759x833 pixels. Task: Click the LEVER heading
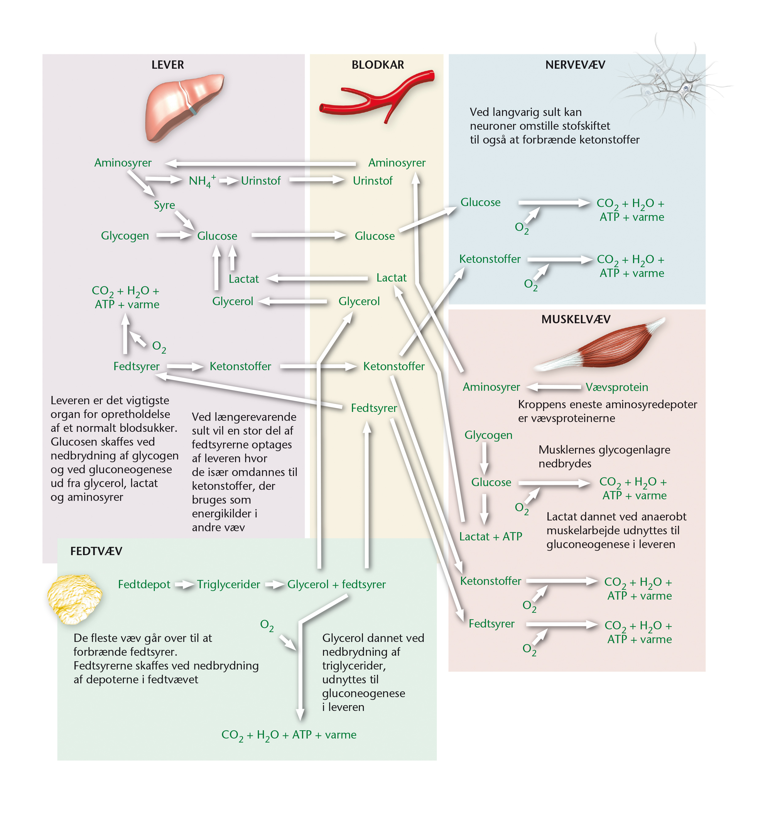pyautogui.click(x=167, y=65)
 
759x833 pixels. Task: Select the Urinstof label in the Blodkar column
pyautogui.click(x=372, y=181)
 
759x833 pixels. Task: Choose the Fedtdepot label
pyautogui.click(x=144, y=585)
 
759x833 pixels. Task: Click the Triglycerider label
pyautogui.click(x=228, y=585)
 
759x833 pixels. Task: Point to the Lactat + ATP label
pyautogui.click(x=490, y=537)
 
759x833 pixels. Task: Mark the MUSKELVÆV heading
pyautogui.click(x=576, y=319)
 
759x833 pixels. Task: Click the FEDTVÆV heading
pyautogui.click(x=96, y=551)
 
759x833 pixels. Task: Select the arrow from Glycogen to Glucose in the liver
pyautogui.click(x=174, y=236)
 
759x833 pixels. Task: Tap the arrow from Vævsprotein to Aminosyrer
pyautogui.click(x=554, y=387)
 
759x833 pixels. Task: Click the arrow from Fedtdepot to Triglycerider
pyautogui.click(x=184, y=585)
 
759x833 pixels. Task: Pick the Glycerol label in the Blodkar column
pyautogui.click(x=359, y=301)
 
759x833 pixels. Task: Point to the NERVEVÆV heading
pyautogui.click(x=575, y=65)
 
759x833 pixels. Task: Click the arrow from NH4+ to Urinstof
pyautogui.click(x=229, y=181)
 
